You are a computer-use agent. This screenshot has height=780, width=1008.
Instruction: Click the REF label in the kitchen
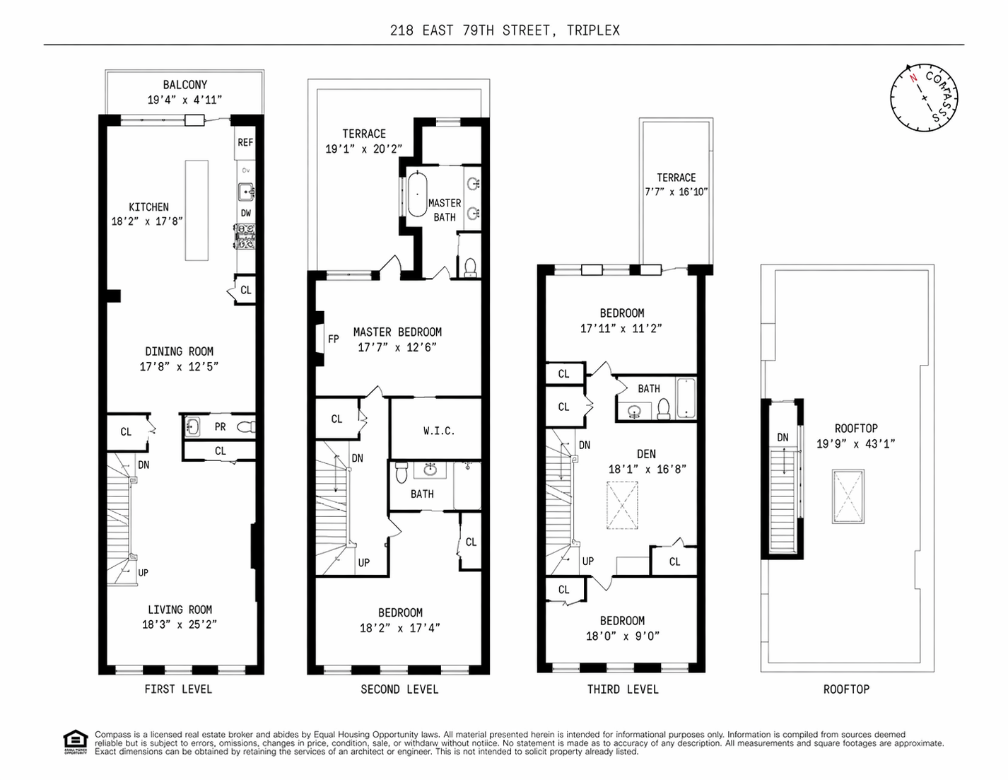pos(245,142)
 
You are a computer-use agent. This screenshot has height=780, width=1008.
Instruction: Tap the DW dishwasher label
pos(246,213)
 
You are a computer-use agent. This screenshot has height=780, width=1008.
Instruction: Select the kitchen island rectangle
pos(197,211)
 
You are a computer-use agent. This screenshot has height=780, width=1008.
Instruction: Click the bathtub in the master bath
pos(417,194)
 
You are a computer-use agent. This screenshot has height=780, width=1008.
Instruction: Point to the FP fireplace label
pos(333,339)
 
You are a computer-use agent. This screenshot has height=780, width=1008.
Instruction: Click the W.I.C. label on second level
pos(439,431)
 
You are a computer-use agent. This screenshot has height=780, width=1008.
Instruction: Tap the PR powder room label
pos(220,426)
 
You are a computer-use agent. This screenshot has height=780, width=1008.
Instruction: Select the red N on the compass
pos(913,78)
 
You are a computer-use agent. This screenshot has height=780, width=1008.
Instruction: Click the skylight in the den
pos(622,506)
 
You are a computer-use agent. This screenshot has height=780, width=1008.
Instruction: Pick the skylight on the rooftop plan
pos(848,496)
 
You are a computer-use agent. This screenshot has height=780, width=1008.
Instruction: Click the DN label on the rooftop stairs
pos(783,437)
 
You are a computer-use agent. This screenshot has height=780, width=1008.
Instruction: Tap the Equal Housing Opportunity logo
pos(75,743)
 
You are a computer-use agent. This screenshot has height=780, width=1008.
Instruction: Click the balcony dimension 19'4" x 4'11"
pos(184,100)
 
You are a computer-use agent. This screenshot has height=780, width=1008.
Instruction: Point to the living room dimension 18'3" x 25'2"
pos(180,624)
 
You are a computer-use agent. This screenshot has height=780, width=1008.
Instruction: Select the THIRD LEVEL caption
pos(623,689)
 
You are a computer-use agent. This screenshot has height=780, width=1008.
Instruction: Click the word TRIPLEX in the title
pos(593,30)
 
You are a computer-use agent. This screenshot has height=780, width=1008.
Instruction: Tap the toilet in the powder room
pos(246,426)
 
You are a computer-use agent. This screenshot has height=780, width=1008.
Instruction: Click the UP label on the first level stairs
pos(143,573)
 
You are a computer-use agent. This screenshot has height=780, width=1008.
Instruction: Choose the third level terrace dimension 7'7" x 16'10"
pos(676,192)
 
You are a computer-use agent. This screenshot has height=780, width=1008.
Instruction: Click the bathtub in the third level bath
pos(686,398)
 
